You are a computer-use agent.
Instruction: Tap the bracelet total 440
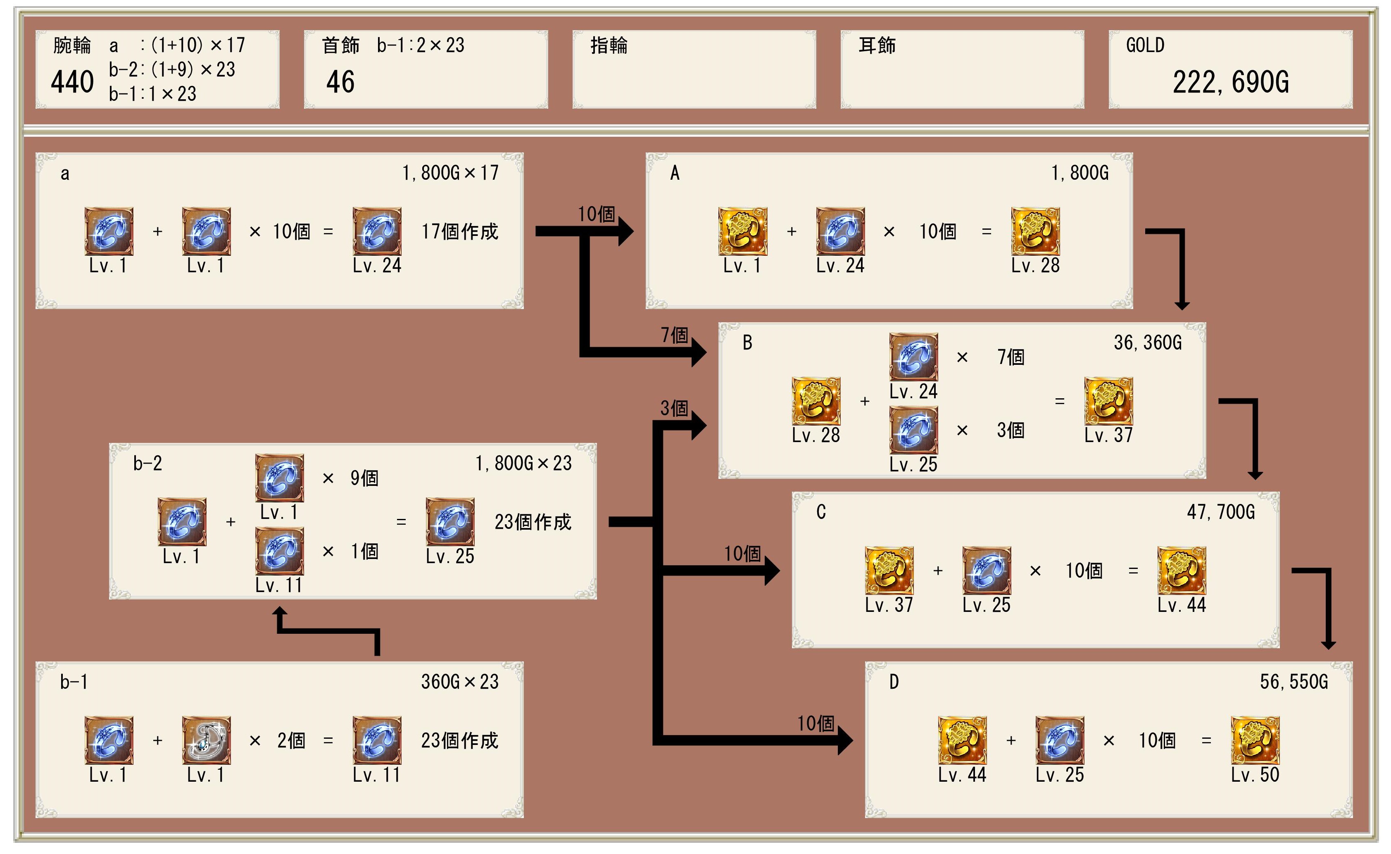click(72, 83)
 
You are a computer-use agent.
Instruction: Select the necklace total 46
click(340, 83)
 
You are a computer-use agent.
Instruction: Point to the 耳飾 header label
click(877, 45)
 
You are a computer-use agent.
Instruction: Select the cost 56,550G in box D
click(1294, 682)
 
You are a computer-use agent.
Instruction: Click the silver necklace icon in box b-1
click(206, 740)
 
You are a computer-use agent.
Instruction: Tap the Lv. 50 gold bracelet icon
click(1255, 740)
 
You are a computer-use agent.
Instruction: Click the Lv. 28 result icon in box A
click(1035, 231)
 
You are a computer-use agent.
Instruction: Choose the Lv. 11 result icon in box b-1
click(377, 740)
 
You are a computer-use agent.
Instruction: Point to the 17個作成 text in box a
click(460, 231)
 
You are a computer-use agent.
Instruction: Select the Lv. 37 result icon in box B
click(1108, 401)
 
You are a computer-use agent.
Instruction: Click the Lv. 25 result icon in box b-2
click(449, 521)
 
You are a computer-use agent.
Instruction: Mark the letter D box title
click(894, 682)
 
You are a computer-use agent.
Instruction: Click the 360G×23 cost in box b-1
click(460, 682)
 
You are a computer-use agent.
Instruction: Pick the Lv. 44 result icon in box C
click(1182, 571)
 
